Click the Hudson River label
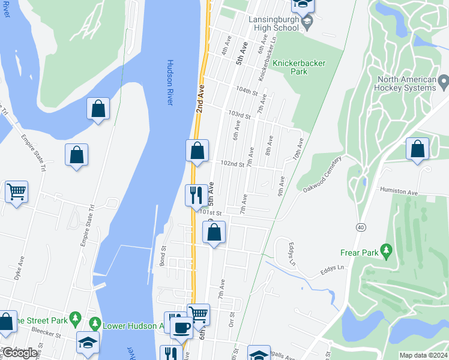(170, 83)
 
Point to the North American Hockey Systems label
(406, 84)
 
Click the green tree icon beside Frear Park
(387, 248)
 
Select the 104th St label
(246, 94)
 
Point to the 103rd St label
(238, 115)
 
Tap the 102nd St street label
(232, 164)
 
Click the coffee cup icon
(181, 328)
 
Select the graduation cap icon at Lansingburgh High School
(307, 23)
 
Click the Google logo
(20, 353)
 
